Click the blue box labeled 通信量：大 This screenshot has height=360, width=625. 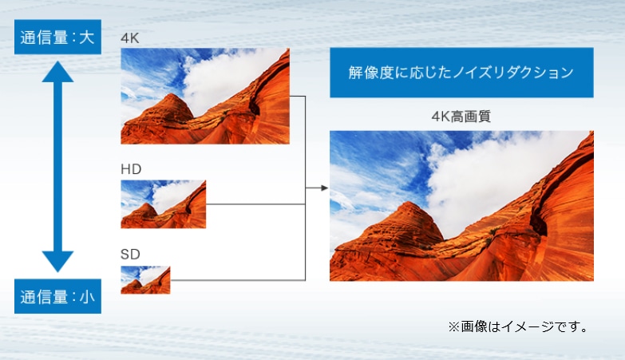[57, 37]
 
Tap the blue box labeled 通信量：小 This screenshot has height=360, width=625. [57, 296]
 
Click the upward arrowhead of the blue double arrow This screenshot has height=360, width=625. [57, 72]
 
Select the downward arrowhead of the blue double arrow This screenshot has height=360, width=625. [57, 262]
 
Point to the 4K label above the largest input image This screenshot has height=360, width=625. [130, 38]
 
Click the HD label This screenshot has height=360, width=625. [131, 169]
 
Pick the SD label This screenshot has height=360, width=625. [130, 255]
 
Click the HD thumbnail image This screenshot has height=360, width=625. [164, 204]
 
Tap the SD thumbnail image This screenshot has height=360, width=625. [145, 280]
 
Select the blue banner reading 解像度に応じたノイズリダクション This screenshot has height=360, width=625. [461, 73]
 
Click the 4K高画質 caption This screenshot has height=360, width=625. [461, 117]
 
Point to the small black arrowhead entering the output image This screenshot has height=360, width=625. [324, 188]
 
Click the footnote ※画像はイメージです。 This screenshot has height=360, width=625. [518, 327]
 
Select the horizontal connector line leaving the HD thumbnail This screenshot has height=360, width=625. [255, 204]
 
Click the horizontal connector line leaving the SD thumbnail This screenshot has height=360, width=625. [238, 280]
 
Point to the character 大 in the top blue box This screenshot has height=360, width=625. [86, 38]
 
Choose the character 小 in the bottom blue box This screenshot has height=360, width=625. [87, 297]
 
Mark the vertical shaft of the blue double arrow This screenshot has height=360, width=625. [57, 167]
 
